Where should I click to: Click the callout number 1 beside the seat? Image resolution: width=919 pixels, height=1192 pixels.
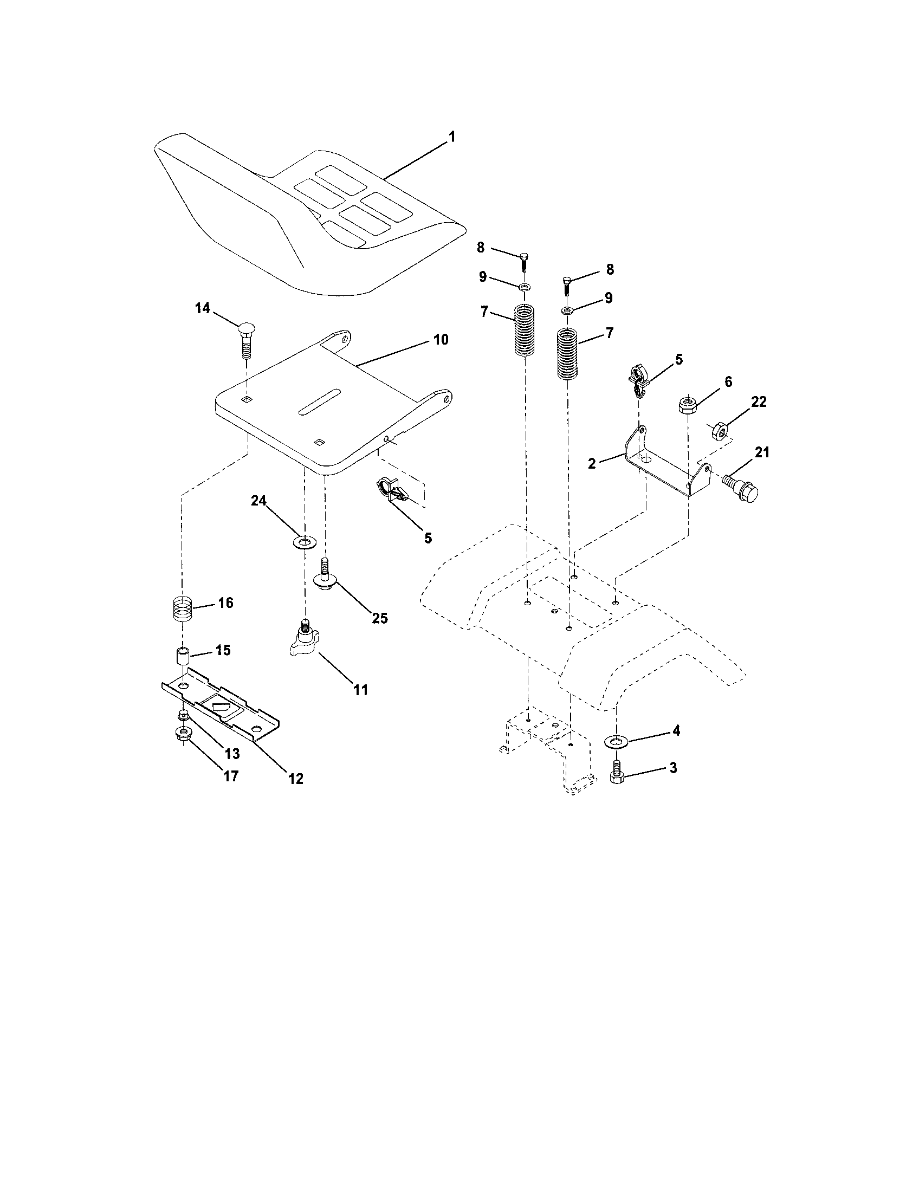(451, 137)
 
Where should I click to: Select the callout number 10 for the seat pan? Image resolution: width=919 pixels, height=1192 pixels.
(441, 340)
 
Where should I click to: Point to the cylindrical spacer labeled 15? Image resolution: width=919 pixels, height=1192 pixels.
(182, 656)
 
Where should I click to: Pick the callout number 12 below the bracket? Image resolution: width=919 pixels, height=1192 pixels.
(296, 778)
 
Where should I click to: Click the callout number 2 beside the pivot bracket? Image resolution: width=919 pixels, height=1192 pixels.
(593, 463)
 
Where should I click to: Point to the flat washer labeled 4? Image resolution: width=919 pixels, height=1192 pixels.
(617, 741)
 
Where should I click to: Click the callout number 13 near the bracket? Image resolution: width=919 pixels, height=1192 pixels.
(232, 754)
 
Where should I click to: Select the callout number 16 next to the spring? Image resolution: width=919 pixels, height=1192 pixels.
(225, 603)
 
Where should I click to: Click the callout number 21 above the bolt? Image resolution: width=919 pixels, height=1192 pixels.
(762, 452)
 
